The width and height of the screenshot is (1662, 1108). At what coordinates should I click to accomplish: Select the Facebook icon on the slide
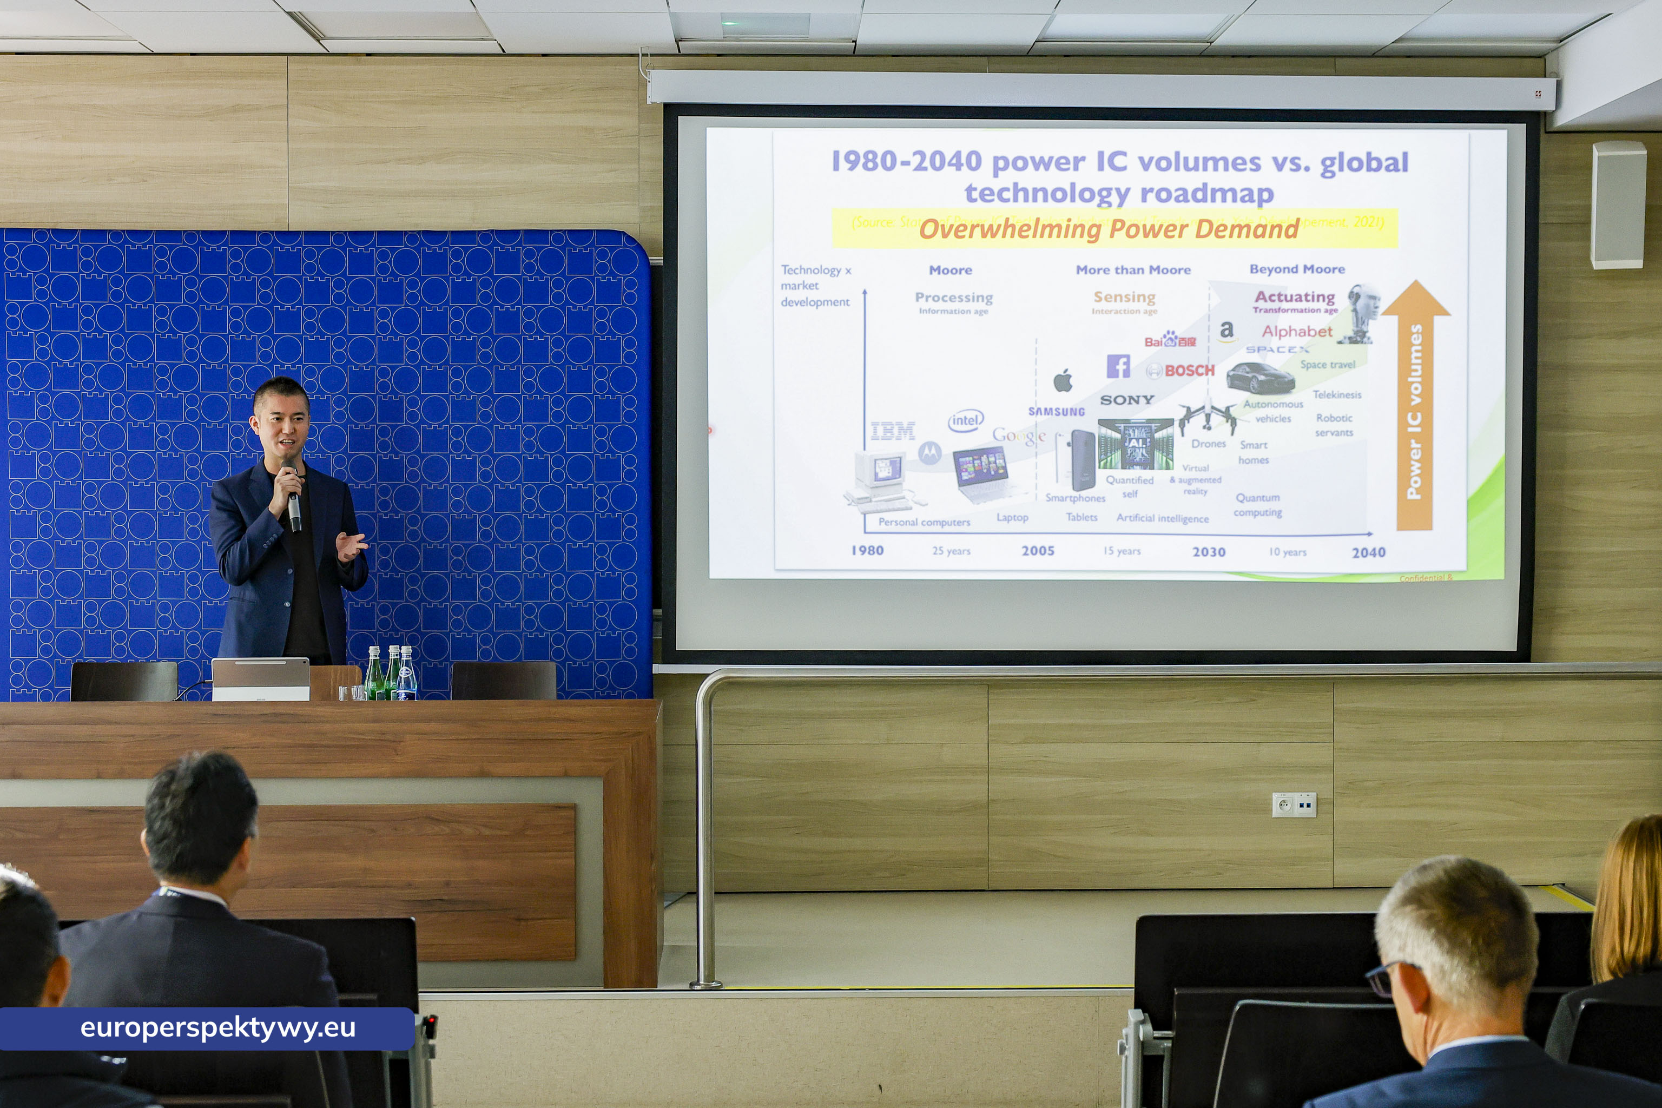(1118, 366)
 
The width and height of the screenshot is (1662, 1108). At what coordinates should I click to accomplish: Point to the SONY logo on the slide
(1127, 400)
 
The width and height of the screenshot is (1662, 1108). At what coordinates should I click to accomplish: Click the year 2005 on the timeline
(1037, 550)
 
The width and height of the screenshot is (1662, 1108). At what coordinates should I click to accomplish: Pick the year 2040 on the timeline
(1368, 552)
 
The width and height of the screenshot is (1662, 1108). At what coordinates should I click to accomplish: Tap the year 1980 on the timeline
(867, 550)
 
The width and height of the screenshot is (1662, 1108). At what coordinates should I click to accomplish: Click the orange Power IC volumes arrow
(1415, 410)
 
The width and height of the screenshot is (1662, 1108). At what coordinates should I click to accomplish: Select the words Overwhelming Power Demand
(1109, 229)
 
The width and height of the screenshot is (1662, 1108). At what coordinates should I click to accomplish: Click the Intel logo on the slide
(965, 421)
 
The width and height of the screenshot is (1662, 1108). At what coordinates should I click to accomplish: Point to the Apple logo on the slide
(1063, 381)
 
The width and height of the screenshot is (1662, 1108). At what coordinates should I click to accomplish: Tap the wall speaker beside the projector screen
(1618, 205)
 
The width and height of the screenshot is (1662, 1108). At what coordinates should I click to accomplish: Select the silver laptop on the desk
(261, 679)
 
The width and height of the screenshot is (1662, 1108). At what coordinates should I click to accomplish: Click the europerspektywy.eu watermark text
(217, 1027)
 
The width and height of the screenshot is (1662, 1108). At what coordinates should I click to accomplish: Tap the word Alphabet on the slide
(1297, 332)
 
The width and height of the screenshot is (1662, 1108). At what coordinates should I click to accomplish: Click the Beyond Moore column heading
(1297, 269)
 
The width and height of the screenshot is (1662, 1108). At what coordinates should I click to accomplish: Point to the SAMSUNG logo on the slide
(1057, 412)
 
